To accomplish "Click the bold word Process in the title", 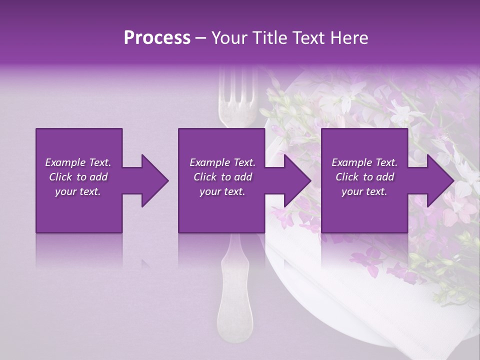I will pos(157,38).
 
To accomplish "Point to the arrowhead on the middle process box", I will pos(298,180).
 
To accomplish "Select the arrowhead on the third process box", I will pos(441,180).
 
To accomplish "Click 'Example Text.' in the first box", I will pos(78,162).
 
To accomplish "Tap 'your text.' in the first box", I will pos(78,191).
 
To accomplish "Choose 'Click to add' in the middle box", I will pos(222,177).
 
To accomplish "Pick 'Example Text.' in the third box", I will pos(364,162).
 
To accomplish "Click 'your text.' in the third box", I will pos(364,191).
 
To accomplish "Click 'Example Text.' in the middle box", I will pos(222,162).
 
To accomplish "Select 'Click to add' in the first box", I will pos(78,177).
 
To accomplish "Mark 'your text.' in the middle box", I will pos(222,191).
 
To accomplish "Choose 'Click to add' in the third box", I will pos(364,177).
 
